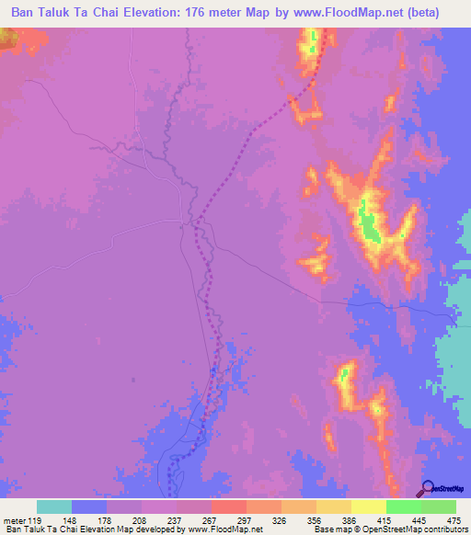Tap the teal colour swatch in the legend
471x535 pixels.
pos(54,507)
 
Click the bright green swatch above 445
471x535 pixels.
pos(403,507)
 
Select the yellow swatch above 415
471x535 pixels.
pos(368,507)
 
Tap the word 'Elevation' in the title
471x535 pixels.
pos(169,13)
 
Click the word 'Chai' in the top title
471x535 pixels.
pos(116,13)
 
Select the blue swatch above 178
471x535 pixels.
pos(89,507)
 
